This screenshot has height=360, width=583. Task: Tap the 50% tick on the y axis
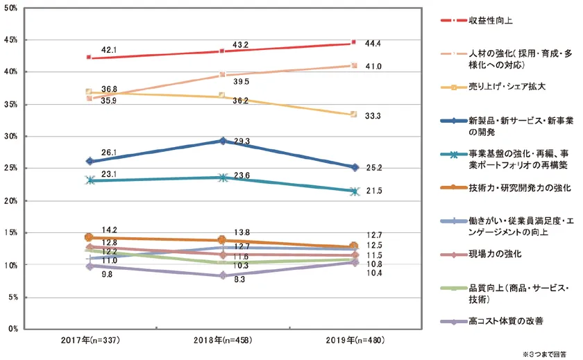click(x=12, y=8)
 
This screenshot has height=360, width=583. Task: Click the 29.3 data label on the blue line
click(x=241, y=142)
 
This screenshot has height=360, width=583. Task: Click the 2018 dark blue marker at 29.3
click(x=221, y=141)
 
